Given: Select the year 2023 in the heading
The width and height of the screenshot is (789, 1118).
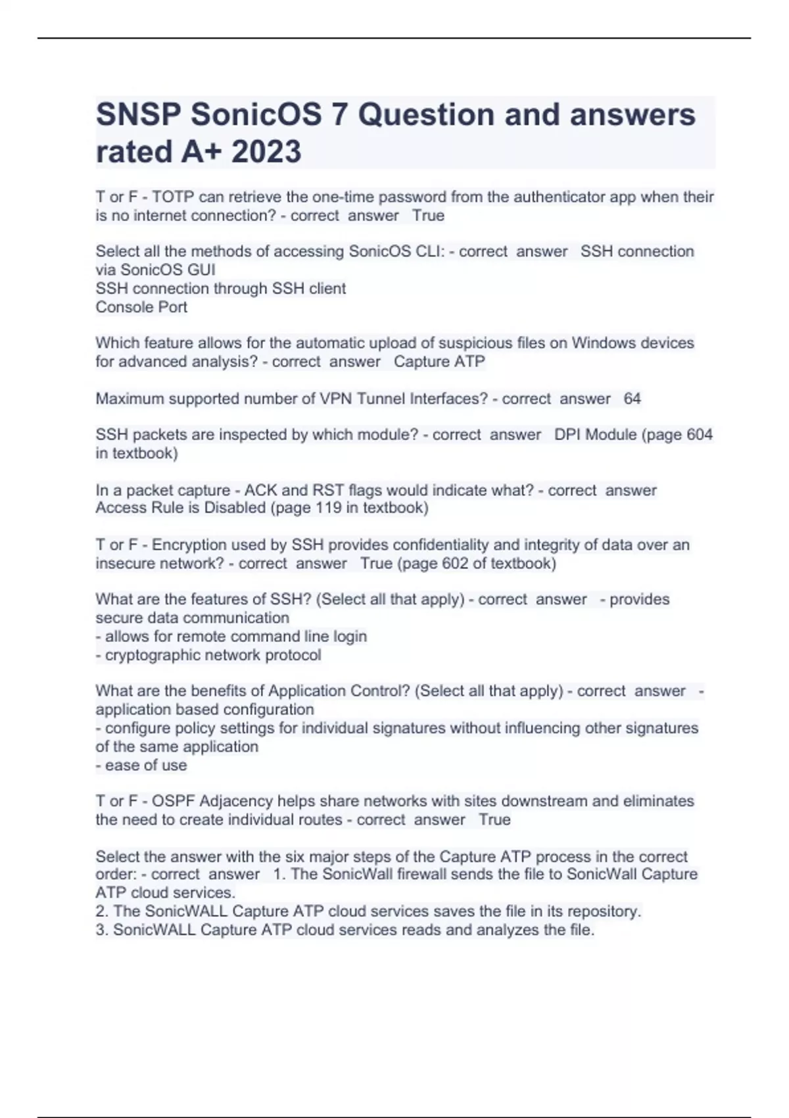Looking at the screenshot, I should (266, 152).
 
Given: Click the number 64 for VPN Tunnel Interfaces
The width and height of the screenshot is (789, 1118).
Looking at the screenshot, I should (632, 399).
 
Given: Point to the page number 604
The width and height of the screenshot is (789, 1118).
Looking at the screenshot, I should (699, 435).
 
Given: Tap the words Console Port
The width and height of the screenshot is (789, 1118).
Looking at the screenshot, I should (141, 307).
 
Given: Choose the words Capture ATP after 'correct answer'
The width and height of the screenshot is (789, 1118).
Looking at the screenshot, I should (439, 362).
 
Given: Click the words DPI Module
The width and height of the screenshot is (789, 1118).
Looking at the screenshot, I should (596, 435).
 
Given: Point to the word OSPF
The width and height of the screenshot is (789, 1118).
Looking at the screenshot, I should (173, 802).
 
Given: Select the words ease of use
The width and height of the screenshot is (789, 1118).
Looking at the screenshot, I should (146, 766).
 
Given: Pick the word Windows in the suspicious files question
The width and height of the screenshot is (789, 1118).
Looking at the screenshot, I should (604, 343).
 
